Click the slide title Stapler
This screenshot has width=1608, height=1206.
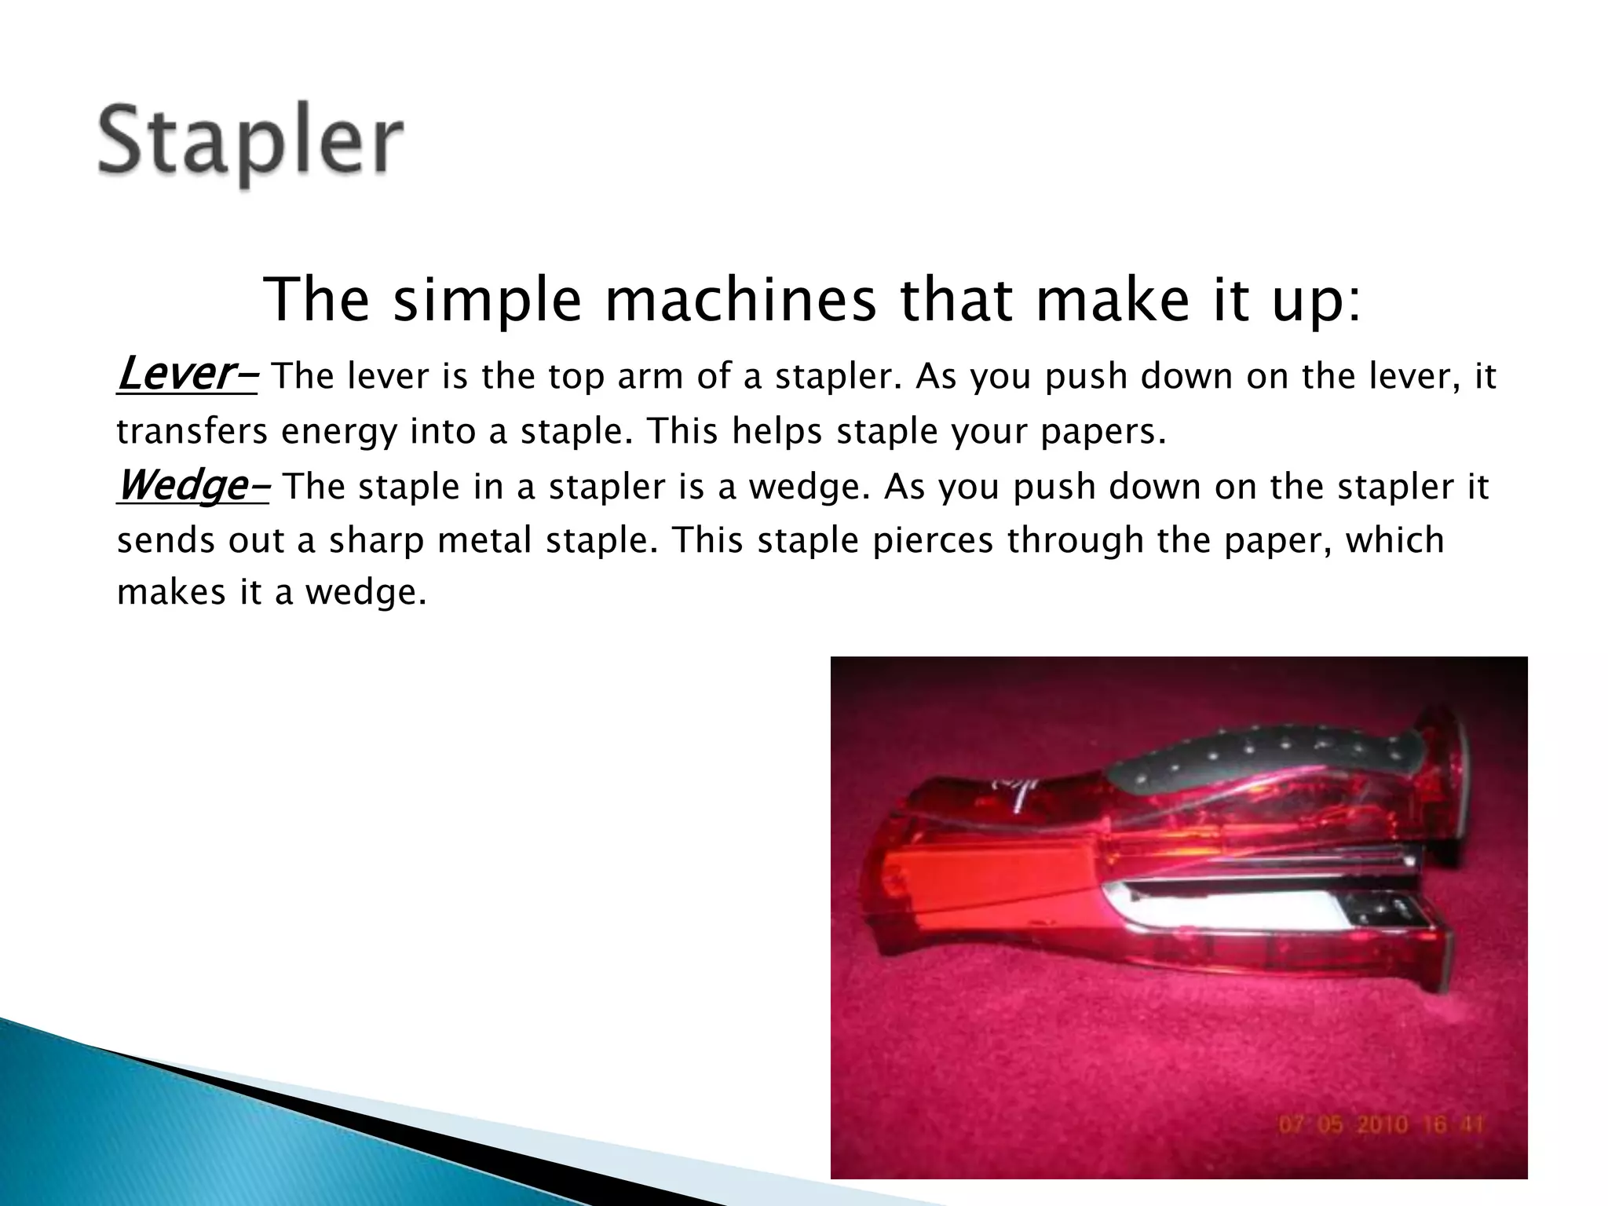pos(250,143)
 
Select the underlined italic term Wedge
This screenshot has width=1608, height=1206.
pos(182,485)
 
